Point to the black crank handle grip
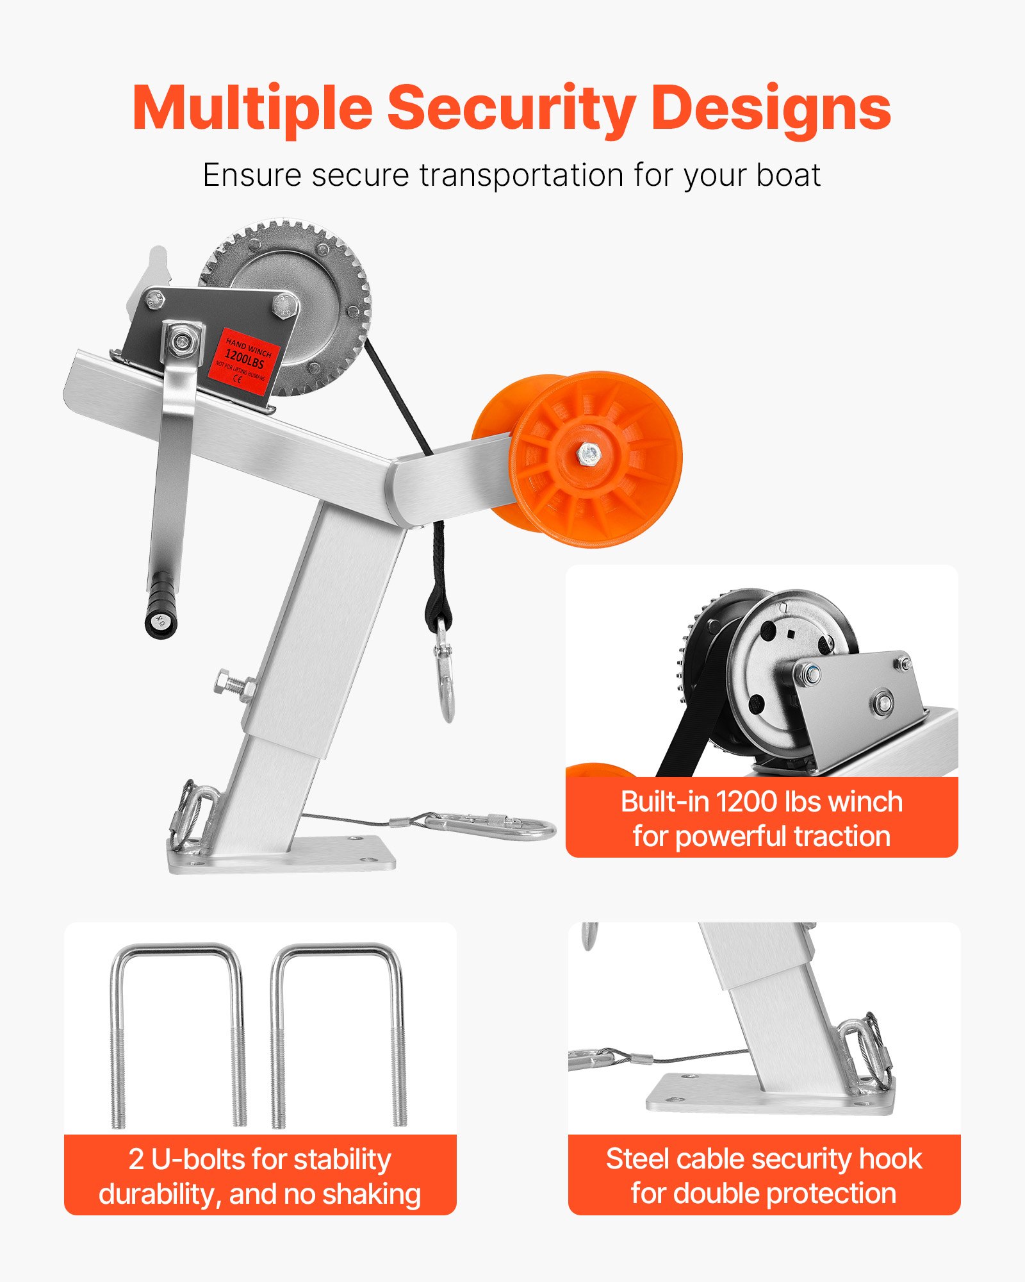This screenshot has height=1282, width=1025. pos(160,605)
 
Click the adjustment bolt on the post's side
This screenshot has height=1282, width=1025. pos(234,683)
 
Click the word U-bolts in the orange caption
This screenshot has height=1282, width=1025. pos(198,1160)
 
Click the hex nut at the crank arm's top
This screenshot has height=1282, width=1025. pos(183,340)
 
